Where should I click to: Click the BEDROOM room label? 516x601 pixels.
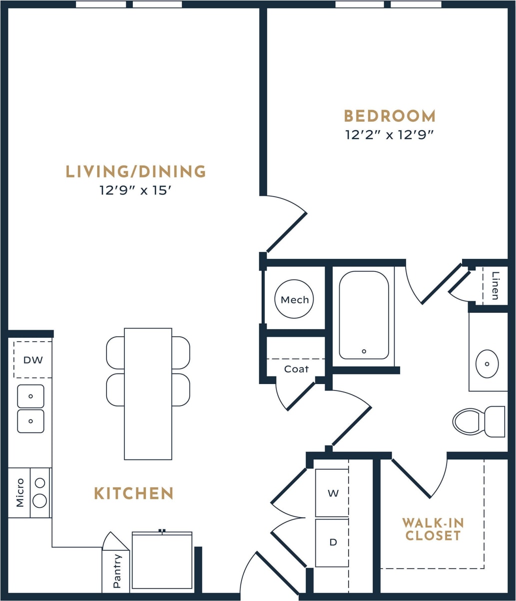(x=390, y=116)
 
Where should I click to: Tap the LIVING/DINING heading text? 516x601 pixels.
(x=136, y=172)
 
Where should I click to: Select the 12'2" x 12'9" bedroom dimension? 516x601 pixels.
(x=389, y=135)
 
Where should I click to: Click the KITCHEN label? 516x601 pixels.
(x=134, y=493)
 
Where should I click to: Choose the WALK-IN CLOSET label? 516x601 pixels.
(x=433, y=529)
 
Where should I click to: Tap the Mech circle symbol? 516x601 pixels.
(x=295, y=300)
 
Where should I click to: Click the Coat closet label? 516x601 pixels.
(x=296, y=369)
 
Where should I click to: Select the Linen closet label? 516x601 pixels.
(x=495, y=286)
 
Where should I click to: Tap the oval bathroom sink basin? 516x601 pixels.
(x=487, y=364)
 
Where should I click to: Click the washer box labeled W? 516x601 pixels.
(x=332, y=493)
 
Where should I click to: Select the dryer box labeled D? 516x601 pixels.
(x=332, y=543)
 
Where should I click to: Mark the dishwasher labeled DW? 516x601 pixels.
(x=33, y=360)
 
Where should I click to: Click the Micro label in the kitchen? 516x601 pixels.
(x=19, y=492)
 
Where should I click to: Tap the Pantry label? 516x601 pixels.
(x=116, y=572)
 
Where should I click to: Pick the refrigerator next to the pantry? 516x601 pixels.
(x=162, y=561)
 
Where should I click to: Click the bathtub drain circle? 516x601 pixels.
(x=364, y=351)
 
